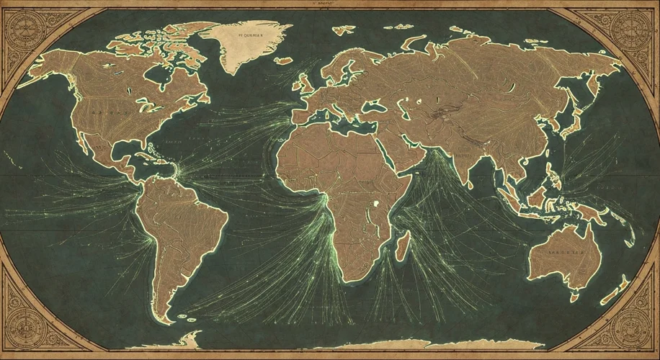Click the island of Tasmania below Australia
tap(574, 296)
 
